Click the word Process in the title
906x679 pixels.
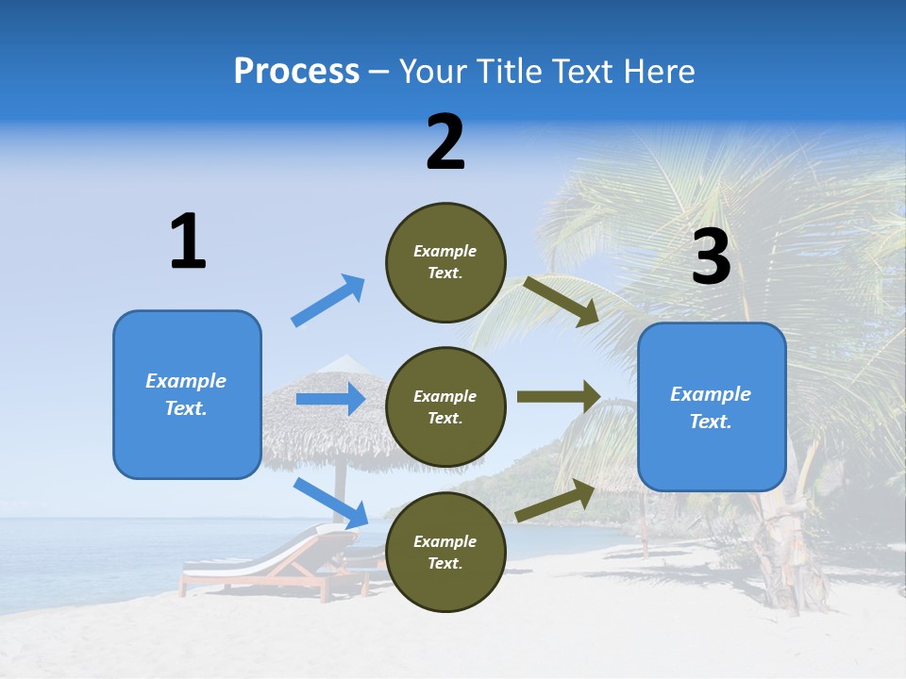click(296, 71)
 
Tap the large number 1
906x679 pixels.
click(188, 241)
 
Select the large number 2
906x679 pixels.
click(445, 142)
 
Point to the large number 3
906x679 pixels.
click(711, 257)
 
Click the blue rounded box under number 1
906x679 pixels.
click(187, 394)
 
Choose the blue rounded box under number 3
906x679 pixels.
click(712, 407)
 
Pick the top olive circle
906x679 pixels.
click(445, 262)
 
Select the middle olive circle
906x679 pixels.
click(445, 407)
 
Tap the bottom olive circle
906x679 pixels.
click(445, 553)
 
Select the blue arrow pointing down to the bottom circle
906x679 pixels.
click(330, 503)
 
